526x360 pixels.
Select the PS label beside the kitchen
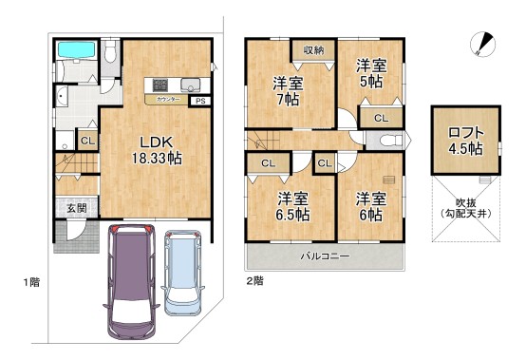click(x=199, y=101)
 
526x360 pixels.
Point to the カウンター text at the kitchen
click(x=168, y=98)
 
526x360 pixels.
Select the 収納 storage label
click(x=314, y=49)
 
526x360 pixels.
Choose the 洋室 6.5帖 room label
click(x=292, y=207)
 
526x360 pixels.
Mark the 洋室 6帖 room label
click(x=370, y=207)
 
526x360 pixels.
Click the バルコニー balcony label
click(x=326, y=256)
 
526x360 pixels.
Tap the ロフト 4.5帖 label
click(x=463, y=141)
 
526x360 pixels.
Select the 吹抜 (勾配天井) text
click(x=463, y=208)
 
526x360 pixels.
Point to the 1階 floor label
click(x=33, y=281)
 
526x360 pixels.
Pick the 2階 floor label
click(x=254, y=281)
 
